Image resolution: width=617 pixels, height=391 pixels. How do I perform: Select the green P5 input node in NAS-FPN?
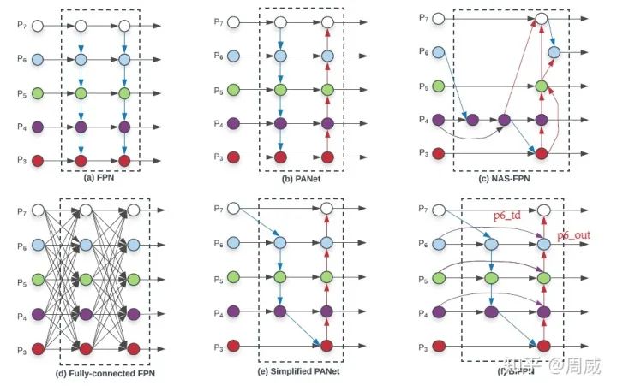point(439,86)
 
